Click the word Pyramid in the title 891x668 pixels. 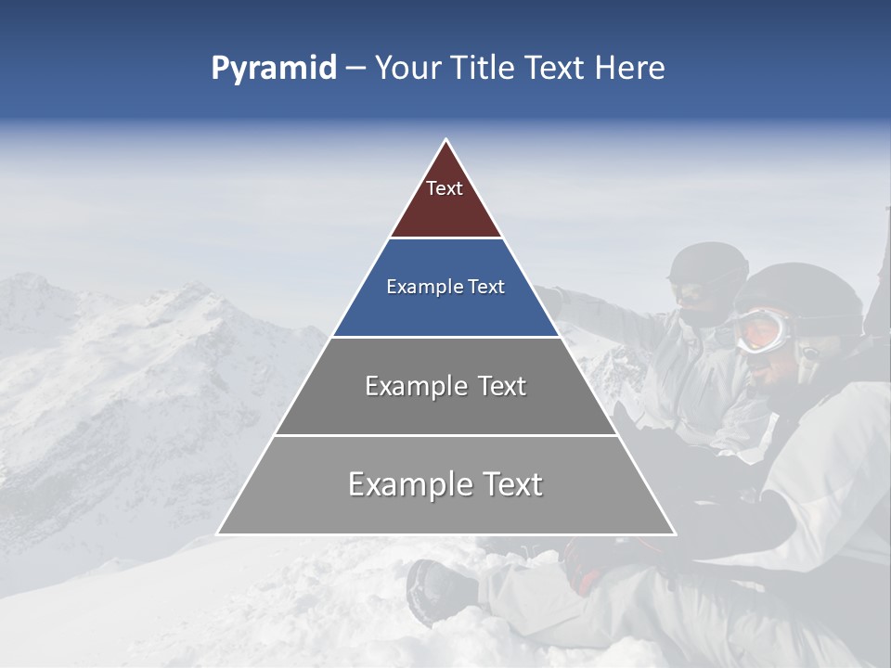[274, 69]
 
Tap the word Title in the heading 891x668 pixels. [487, 69]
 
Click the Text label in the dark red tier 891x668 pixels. [445, 189]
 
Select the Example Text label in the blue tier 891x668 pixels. [445, 288]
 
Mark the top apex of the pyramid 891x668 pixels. [446, 140]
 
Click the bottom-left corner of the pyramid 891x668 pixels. [218, 533]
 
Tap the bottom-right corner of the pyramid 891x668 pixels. [675, 533]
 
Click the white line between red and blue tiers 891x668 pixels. [445, 238]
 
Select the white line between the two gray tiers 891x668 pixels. [445, 435]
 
